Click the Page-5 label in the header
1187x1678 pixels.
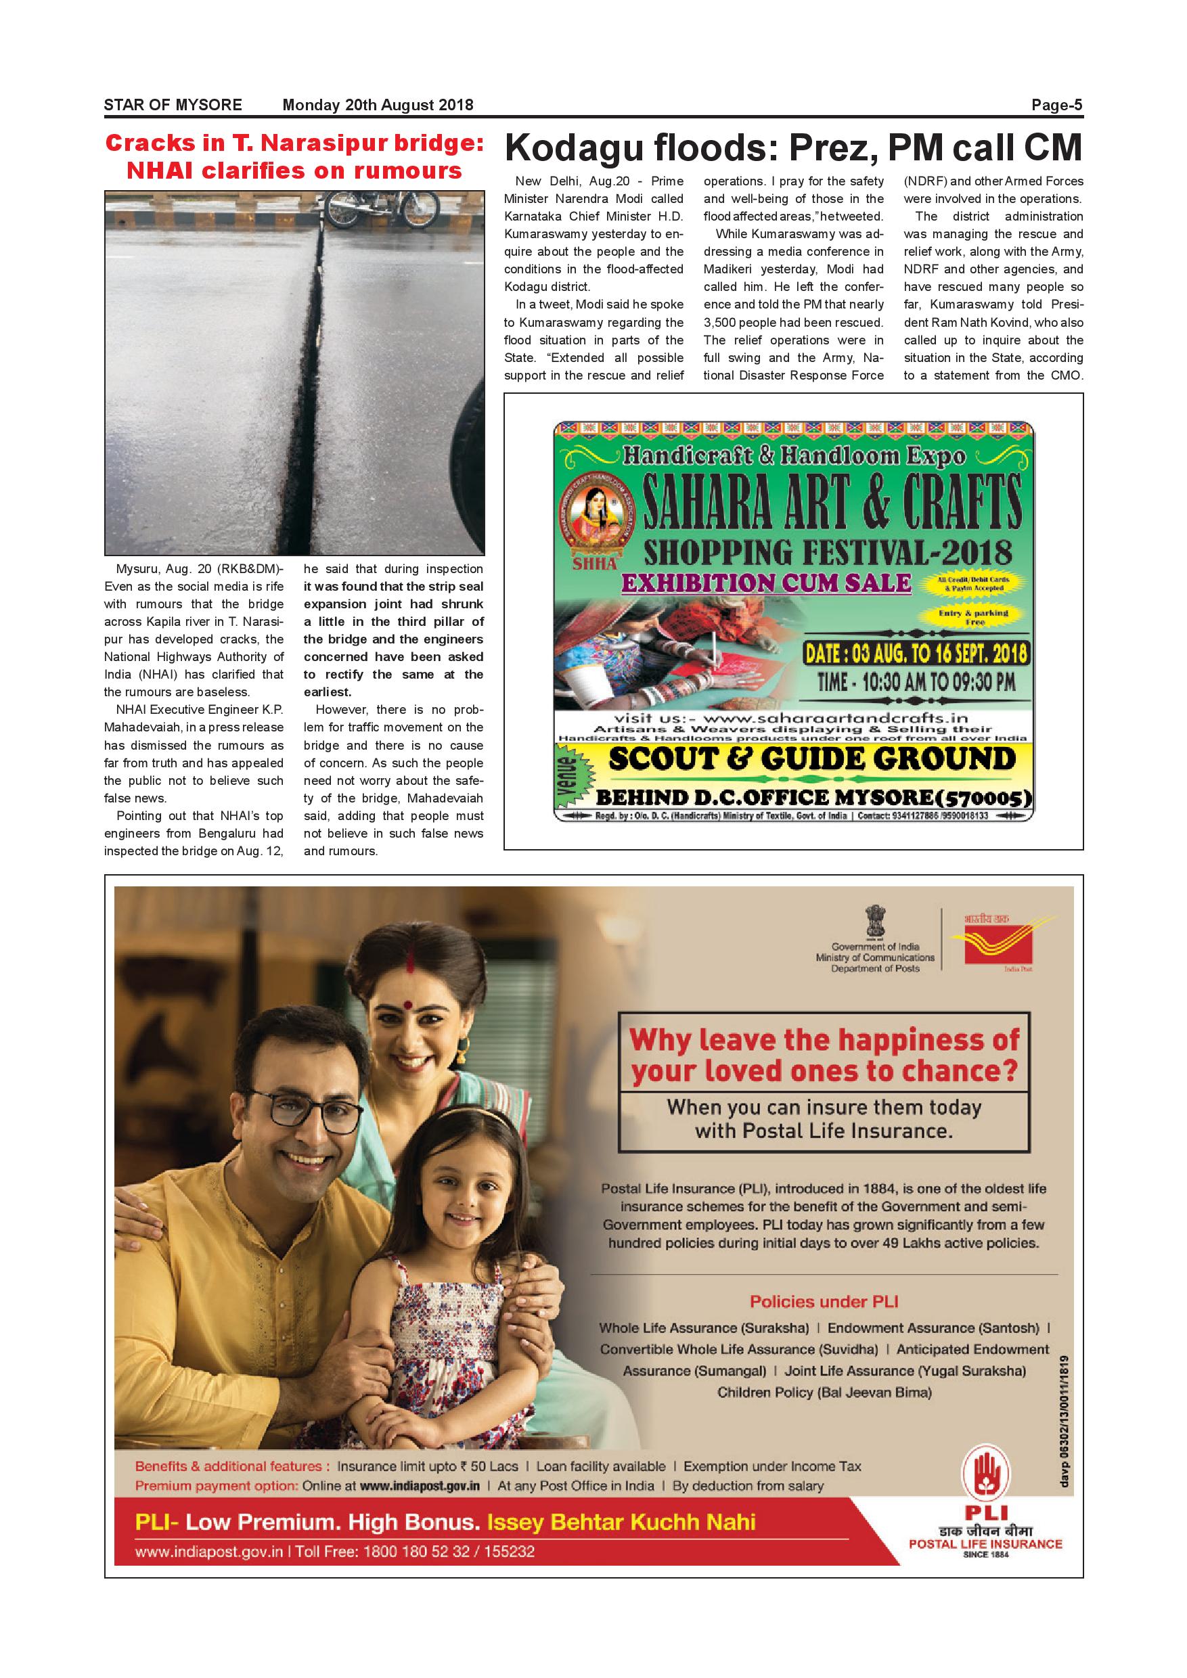1056,106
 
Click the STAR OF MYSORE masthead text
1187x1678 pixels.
173,106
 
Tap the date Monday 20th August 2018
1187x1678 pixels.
378,106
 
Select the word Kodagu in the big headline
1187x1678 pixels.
573,148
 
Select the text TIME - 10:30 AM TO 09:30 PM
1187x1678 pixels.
916,683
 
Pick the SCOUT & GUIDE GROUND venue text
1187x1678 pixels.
812,758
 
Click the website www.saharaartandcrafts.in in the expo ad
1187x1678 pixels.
792,719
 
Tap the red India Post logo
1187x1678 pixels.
997,943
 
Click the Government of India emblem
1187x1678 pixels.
874,922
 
